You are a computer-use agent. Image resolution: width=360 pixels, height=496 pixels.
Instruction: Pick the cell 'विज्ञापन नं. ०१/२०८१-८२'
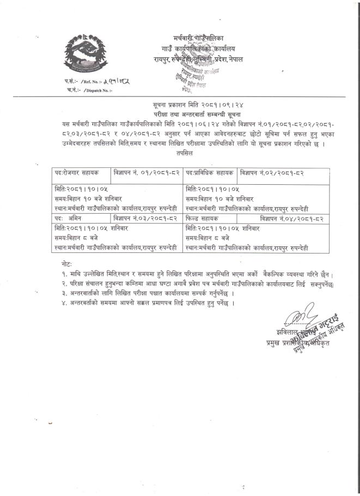145,173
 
